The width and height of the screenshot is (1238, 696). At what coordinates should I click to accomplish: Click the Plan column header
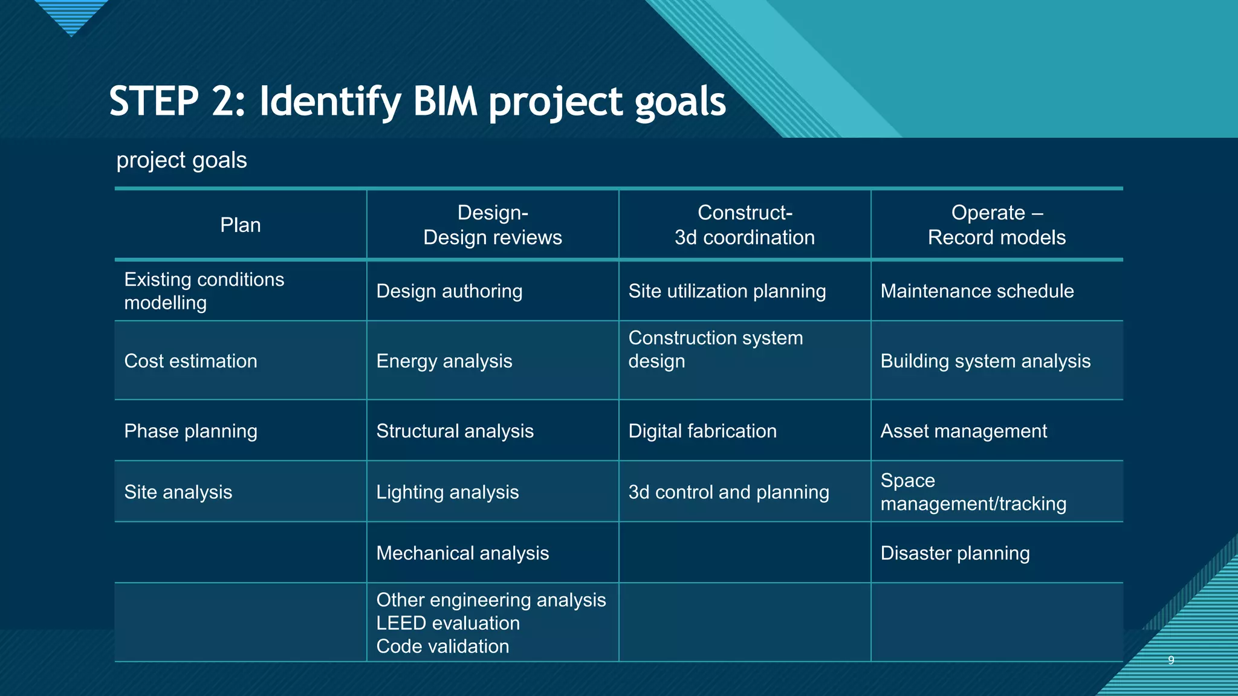click(x=241, y=225)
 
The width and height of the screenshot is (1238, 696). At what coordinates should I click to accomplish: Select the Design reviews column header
click(x=492, y=225)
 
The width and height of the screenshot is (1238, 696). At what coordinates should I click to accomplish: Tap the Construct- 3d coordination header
click(x=744, y=225)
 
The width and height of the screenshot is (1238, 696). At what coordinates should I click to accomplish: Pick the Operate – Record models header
click(x=996, y=225)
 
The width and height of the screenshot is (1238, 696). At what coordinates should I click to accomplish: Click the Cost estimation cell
click(x=190, y=361)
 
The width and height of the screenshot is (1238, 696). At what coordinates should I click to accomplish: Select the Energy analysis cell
click(x=444, y=361)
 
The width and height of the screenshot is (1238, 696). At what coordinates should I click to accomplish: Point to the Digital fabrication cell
click(x=702, y=431)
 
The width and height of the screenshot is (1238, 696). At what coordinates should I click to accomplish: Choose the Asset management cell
click(x=963, y=431)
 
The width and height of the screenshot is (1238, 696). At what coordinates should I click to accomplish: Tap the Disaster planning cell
click(x=954, y=553)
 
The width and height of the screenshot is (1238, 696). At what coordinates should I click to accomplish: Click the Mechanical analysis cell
click(x=462, y=553)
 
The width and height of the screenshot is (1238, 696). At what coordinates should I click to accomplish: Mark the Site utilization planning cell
click(x=727, y=291)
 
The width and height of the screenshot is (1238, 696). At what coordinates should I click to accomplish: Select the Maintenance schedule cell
click(x=976, y=291)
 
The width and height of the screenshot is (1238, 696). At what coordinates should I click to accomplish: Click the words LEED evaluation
click(x=447, y=623)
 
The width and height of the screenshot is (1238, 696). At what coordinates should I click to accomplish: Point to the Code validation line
click(x=442, y=646)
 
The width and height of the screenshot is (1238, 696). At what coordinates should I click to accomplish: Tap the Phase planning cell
click(x=190, y=431)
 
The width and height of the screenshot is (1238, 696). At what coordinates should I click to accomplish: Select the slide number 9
click(x=1171, y=660)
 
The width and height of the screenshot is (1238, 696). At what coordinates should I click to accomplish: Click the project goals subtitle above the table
click(x=181, y=161)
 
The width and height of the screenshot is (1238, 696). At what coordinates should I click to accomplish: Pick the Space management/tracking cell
click(x=973, y=492)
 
